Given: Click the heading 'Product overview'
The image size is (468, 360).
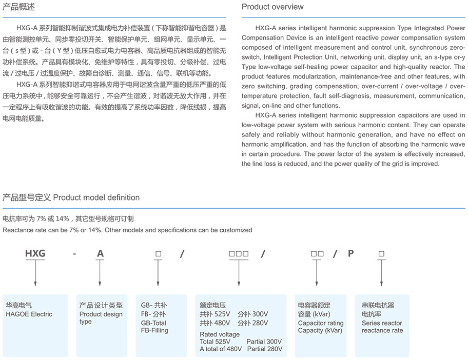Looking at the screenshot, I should (272, 7).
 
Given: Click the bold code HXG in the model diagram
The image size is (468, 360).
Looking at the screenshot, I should (35, 253).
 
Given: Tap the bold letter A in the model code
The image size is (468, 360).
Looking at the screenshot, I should (100, 253).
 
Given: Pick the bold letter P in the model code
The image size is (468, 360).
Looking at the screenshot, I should (351, 253).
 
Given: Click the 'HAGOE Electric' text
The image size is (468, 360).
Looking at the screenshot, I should (29, 314).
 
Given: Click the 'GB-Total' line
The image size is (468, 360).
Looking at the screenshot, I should (153, 324).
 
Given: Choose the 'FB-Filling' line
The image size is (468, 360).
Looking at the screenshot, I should (154, 331).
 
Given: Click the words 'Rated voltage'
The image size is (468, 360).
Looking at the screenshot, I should (220, 334).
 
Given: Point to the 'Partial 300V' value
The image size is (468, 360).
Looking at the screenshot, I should (264, 342).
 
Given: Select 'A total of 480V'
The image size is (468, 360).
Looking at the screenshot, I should (221, 349).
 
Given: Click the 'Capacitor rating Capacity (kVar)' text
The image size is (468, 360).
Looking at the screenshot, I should (321, 327).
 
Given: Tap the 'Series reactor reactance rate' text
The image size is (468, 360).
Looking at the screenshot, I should (382, 327).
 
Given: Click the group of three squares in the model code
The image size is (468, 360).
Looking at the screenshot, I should (239, 253).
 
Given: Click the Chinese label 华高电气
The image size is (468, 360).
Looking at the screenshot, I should (18, 305).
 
